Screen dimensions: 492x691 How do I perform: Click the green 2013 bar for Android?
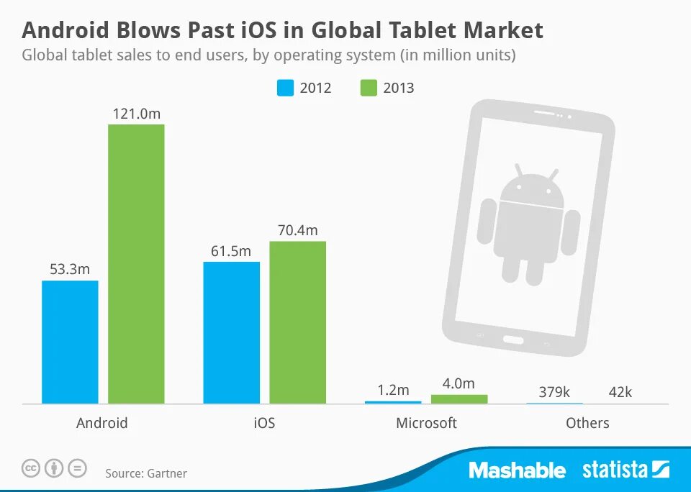136,263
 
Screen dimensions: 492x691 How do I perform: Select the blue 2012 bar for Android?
70,342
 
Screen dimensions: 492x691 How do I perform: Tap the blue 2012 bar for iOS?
231,332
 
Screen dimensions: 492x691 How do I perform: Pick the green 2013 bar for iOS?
297,322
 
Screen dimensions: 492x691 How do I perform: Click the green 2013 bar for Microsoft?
459,398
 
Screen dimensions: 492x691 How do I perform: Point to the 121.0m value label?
136,114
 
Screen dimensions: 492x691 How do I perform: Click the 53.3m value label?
70,270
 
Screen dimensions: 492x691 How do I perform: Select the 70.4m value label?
297,230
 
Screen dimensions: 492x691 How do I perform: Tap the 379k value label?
554,392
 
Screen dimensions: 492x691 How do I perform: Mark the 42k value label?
619,392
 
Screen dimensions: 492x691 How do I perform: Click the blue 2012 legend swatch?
286,88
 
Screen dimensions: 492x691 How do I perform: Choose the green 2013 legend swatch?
368,88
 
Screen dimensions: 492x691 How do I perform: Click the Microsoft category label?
426,423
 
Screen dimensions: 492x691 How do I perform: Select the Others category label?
587,423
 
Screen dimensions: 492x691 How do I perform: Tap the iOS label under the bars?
264,423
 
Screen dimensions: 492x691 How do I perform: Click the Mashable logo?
517,470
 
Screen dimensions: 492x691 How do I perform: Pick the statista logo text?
615,470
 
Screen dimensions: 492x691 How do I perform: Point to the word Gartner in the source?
167,473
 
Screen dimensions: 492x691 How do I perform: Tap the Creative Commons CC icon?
31,468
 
